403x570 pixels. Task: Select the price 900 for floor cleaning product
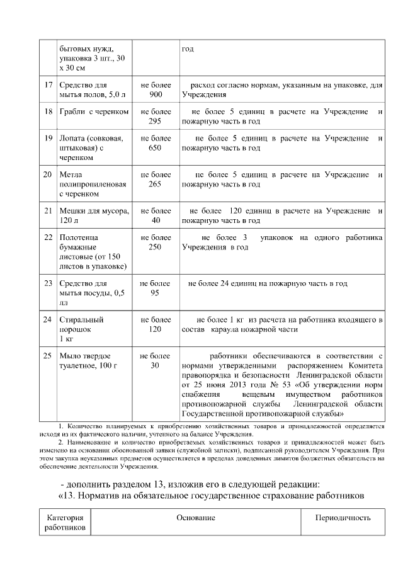pyautogui.click(x=156, y=94)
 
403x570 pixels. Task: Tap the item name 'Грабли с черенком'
pyautogui.click(x=94, y=111)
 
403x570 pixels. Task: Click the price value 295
pyautogui.click(x=156, y=121)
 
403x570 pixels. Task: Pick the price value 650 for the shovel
pyautogui.click(x=156, y=147)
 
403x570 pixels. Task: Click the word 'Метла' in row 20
pyautogui.click(x=71, y=174)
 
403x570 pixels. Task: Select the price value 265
pyautogui.click(x=156, y=184)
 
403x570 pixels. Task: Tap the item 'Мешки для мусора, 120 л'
pyautogui.click(x=94, y=215)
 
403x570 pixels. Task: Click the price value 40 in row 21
pyautogui.click(x=156, y=220)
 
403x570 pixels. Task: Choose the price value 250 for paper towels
pyautogui.click(x=156, y=247)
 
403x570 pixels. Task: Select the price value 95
pyautogui.click(x=155, y=294)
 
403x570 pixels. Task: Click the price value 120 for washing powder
pyautogui.click(x=156, y=329)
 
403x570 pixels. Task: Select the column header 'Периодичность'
pyautogui.click(x=343, y=518)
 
